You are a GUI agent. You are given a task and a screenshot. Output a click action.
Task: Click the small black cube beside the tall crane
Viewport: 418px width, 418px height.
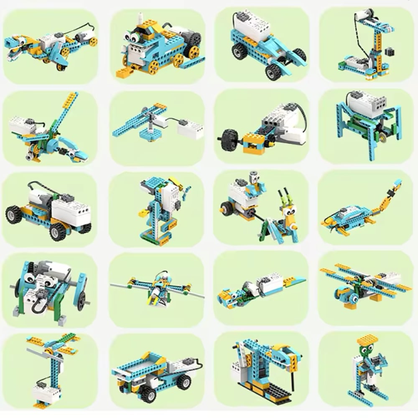[390, 52]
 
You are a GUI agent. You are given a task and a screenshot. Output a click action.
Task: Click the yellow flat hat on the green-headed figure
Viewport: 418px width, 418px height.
[367, 339]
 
